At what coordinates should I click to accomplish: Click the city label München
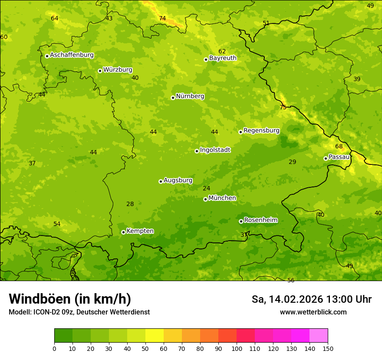222,198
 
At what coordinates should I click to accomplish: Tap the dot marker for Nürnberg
173,98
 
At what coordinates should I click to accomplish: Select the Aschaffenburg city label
72,55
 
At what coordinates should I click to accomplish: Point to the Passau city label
339,157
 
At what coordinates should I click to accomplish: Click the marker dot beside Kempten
123,232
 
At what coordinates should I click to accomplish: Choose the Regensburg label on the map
261,131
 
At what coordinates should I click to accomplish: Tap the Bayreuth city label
223,58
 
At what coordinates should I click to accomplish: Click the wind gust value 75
283,107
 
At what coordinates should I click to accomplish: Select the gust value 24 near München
206,188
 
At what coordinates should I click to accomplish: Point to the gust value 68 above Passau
339,146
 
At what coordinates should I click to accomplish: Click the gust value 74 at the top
162,18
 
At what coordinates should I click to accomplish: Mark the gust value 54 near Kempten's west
57,224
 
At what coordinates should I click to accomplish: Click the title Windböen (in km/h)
70,299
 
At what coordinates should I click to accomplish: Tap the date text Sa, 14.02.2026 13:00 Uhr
311,299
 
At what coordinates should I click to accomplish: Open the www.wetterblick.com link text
313,312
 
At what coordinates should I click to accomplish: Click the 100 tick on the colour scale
237,348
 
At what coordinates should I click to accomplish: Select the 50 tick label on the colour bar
145,348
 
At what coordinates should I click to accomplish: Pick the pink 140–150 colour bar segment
319,336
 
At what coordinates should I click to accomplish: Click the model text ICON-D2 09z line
79,312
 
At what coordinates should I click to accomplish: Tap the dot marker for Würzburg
100,71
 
